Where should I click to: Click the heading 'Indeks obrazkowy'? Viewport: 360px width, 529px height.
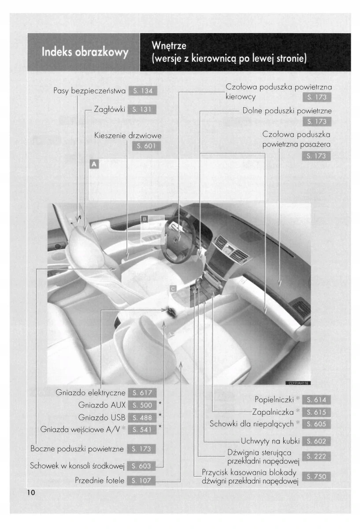(84, 52)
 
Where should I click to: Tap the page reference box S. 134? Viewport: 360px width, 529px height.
(143, 91)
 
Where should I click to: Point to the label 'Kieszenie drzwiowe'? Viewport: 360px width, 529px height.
(128, 135)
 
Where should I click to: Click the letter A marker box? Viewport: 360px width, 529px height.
(93, 164)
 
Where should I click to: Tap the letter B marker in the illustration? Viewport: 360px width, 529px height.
(144, 219)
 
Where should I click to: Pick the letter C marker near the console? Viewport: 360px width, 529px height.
(173, 288)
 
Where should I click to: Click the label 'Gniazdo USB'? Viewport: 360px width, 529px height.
(102, 417)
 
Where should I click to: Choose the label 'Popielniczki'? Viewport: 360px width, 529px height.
(274, 400)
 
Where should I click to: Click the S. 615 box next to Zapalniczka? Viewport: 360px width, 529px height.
(316, 412)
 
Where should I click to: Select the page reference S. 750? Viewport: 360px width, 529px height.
(316, 477)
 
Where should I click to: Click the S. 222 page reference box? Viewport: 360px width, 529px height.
(316, 457)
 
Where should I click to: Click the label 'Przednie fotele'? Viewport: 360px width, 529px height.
(100, 481)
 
